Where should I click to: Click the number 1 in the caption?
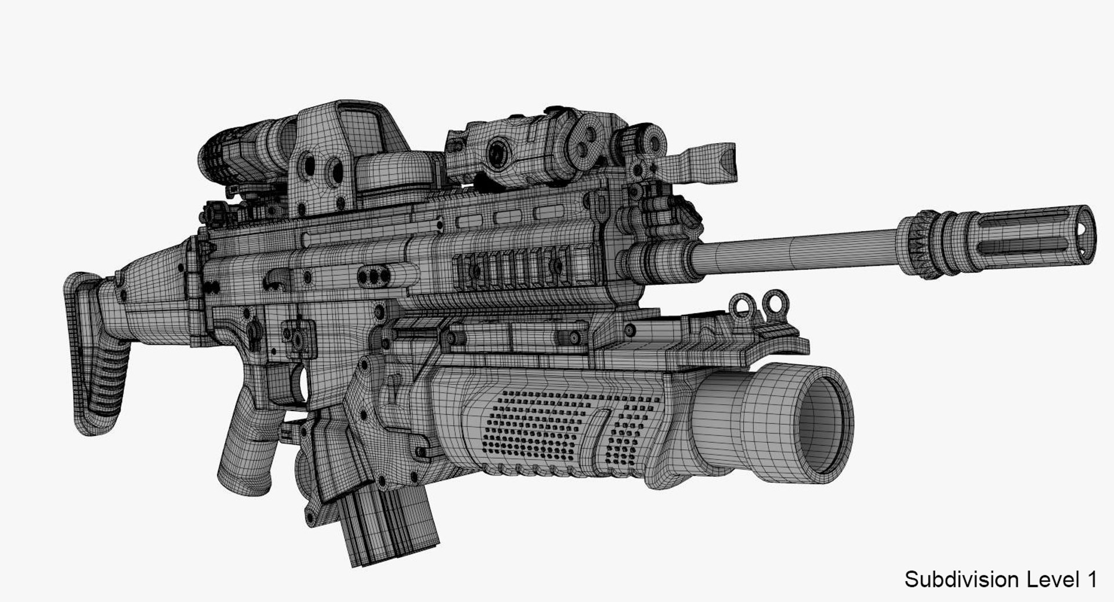1091,579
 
